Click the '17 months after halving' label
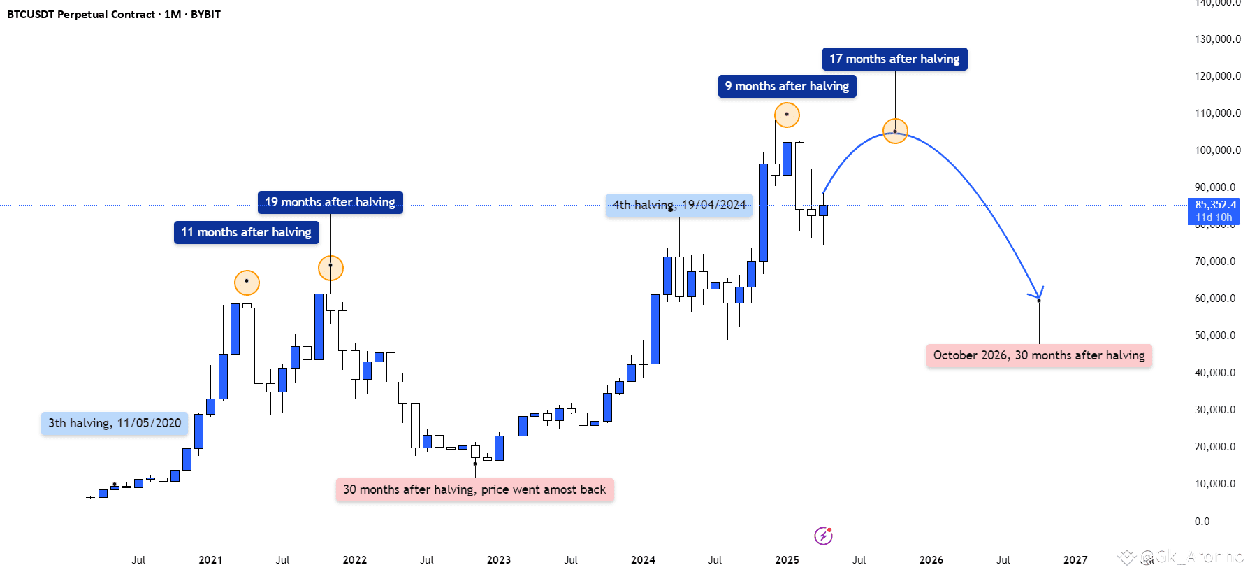[x=894, y=59]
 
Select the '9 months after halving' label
[x=787, y=86]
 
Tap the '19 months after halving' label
[x=330, y=202]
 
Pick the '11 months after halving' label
[x=246, y=232]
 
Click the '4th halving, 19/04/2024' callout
[x=679, y=205]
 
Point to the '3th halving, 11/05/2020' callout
[x=115, y=423]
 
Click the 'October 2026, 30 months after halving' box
[x=1039, y=355]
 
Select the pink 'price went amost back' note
[x=474, y=489]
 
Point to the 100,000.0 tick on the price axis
[x=1217, y=150]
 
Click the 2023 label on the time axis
[x=499, y=560]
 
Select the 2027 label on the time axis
[x=1075, y=560]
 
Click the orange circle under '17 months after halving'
[x=895, y=131]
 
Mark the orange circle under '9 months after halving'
[x=787, y=115]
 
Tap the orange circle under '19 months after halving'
[x=330, y=268]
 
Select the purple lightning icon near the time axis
[x=823, y=536]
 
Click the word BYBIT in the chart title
[x=205, y=15]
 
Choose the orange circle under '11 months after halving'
[x=247, y=283]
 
